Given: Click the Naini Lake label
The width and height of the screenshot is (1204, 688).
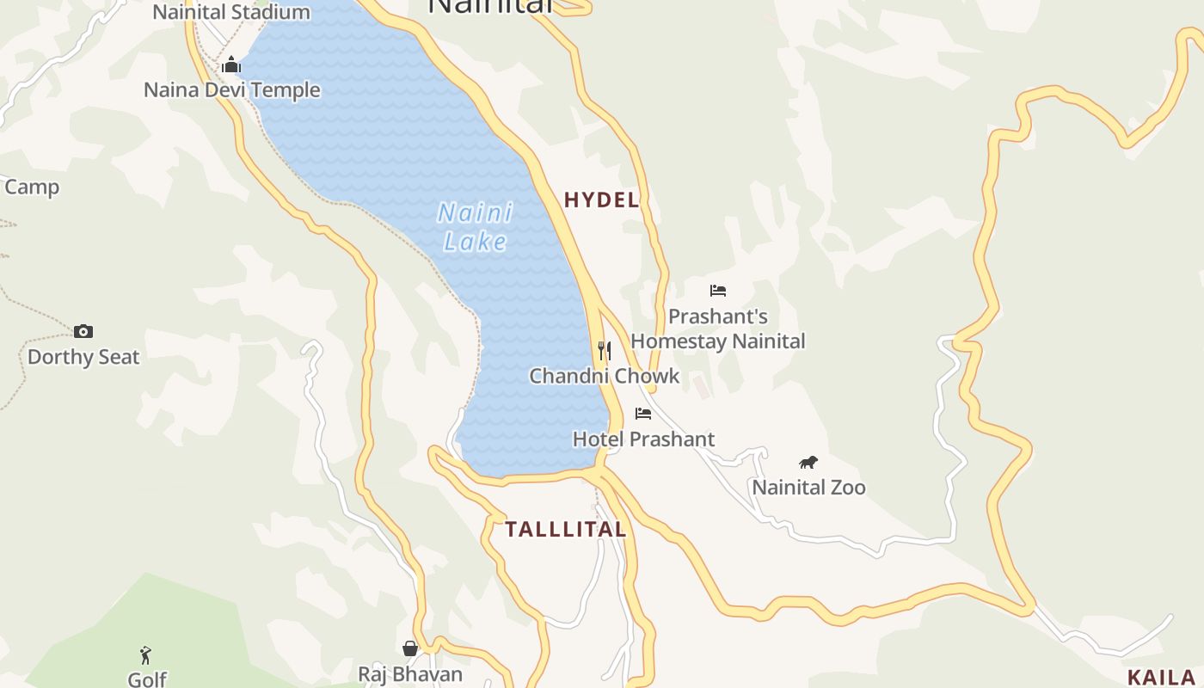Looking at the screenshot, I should click(x=476, y=227).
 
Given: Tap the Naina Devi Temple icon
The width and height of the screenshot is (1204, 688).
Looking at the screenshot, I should click(x=231, y=64).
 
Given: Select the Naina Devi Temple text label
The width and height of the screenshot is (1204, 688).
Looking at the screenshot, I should click(x=231, y=90).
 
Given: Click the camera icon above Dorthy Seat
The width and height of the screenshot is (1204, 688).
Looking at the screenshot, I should click(x=83, y=331).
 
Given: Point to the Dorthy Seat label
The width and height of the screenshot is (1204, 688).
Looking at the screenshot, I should click(x=83, y=357).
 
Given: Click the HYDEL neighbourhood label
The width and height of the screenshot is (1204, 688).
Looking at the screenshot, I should click(x=602, y=200).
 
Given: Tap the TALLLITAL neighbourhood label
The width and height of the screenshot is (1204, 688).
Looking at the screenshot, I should click(x=565, y=530).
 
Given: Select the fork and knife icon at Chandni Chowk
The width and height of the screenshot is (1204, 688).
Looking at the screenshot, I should click(x=605, y=350).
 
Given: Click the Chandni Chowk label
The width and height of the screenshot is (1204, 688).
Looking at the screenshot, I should click(x=604, y=376).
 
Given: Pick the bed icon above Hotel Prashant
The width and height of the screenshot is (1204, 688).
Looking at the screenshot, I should click(x=643, y=414).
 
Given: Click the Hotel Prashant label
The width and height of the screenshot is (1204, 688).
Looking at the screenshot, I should click(x=643, y=439).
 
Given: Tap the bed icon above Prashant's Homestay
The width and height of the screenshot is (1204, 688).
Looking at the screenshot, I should click(x=718, y=291).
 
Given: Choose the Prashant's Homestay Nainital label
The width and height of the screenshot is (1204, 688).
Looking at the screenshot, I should click(x=718, y=329).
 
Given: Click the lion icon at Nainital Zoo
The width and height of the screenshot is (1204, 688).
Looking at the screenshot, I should click(x=808, y=463).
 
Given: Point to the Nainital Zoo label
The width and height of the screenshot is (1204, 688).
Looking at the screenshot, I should click(x=808, y=488).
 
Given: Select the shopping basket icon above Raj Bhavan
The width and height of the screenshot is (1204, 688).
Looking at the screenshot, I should click(x=410, y=648).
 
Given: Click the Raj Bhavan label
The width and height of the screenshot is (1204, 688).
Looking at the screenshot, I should click(x=410, y=674).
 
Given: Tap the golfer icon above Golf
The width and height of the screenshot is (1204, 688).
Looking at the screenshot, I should click(x=145, y=655).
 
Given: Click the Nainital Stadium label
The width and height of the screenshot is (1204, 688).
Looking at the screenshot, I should click(x=230, y=12).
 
